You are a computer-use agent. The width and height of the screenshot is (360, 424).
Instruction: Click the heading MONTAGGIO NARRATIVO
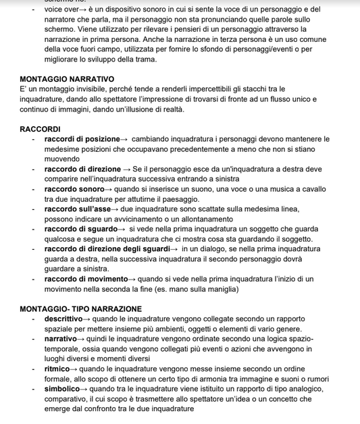(x=67, y=79)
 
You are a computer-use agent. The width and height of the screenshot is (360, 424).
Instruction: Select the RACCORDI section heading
(x=40, y=129)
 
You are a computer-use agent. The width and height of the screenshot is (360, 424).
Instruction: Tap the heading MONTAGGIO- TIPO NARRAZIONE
(x=80, y=309)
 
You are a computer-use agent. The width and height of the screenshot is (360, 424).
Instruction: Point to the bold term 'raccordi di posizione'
(x=82, y=139)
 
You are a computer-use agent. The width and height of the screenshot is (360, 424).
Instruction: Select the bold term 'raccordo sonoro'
(x=74, y=189)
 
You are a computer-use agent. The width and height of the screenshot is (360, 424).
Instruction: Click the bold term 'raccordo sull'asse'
(x=77, y=209)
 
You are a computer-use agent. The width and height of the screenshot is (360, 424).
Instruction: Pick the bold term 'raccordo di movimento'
(x=86, y=279)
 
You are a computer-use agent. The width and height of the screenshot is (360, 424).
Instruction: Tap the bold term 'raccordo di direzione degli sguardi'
(x=107, y=248)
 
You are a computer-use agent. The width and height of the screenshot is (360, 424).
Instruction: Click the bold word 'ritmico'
(x=57, y=369)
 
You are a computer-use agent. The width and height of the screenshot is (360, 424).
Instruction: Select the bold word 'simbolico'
(x=61, y=388)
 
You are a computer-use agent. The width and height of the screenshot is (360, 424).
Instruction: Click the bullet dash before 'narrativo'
(x=36, y=339)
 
